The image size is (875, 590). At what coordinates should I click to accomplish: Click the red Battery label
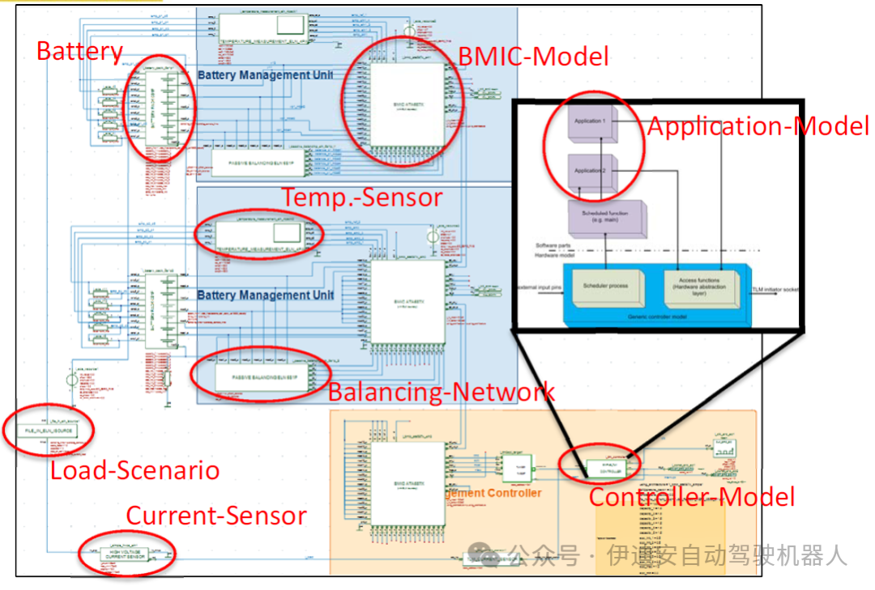[79, 52]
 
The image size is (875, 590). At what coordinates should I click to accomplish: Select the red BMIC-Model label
[533, 56]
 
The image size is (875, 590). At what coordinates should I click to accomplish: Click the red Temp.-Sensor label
[361, 197]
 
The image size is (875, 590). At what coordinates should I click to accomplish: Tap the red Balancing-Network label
[441, 393]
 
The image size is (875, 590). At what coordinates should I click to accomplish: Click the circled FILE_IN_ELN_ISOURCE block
[49, 431]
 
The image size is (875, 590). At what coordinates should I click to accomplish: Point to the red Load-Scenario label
[134, 470]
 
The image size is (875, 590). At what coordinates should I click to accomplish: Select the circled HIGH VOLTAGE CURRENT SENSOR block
[120, 555]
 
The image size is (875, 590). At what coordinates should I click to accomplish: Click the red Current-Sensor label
[216, 516]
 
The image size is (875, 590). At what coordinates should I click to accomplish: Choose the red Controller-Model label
[691, 496]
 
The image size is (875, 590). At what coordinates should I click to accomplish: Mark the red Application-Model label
[757, 126]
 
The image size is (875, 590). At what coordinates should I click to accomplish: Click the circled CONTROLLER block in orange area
[600, 465]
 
